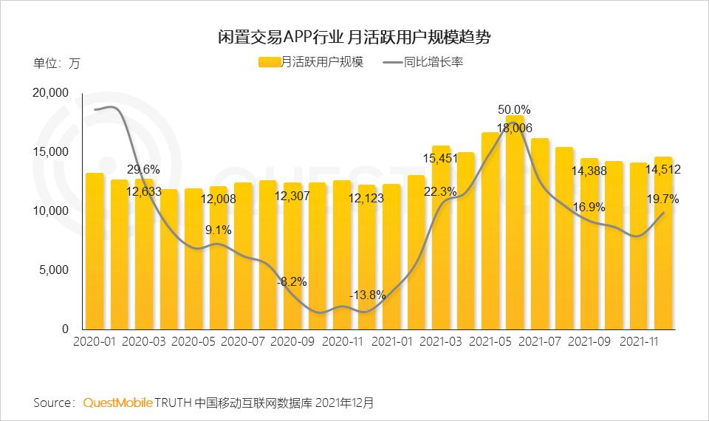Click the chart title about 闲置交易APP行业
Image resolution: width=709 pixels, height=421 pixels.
[354, 36]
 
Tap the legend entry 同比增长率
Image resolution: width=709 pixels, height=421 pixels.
[424, 62]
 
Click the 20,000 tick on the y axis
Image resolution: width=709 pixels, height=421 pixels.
[50, 93]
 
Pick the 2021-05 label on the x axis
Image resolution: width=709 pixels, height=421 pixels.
[490, 342]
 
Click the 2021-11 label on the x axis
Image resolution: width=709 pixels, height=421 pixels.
[640, 342]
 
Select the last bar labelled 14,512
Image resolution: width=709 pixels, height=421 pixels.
[663, 244]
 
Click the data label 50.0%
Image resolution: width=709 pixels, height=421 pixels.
[513, 109]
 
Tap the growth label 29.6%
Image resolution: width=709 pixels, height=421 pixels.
[143, 169]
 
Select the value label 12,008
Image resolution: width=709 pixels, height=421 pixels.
[218, 199]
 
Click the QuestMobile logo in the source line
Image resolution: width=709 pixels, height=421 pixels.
[117, 403]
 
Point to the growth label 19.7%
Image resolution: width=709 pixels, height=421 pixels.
[662, 199]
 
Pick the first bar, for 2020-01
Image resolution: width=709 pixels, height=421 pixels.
[94, 251]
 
